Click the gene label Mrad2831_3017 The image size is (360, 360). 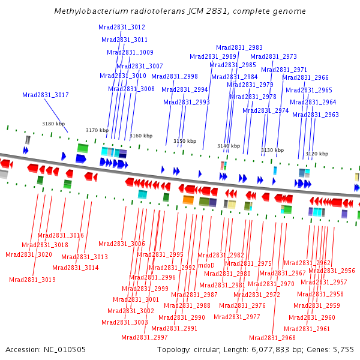coord(46,95)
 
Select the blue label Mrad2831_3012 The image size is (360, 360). coord(122,28)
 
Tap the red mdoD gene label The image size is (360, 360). coord(206,265)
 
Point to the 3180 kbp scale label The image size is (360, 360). coord(53,124)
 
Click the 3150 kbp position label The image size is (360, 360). coord(185,141)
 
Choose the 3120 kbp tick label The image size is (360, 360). coord(317,154)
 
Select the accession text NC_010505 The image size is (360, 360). coord(65,350)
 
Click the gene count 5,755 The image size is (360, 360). coord(343,350)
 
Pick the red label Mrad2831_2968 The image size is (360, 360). coord(272,338)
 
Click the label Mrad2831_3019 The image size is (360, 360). coord(32,280)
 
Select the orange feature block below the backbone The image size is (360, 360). coord(188,200)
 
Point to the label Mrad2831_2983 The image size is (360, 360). coord(239,48)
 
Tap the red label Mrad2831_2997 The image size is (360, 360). coord(145,337)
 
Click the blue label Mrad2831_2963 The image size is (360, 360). coord(316,115)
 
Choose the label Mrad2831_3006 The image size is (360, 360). coord(122,244)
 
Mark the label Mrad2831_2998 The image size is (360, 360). coord(175,76)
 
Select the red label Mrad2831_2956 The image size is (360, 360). coord(332,271)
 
